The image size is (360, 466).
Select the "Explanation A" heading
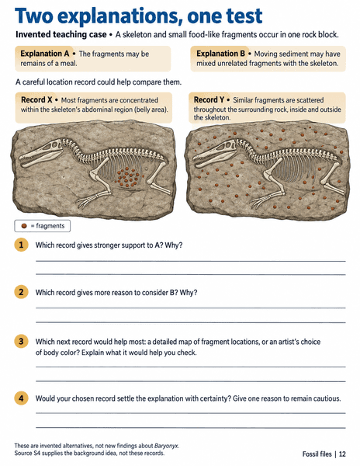44,54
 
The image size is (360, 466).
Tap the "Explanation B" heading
220,54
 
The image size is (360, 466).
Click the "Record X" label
36,100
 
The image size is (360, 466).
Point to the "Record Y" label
209,100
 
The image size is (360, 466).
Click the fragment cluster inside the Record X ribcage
128,177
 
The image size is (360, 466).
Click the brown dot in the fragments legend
24,226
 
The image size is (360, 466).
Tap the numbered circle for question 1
21,245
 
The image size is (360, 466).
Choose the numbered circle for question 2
21,292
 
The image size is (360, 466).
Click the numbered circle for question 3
21,341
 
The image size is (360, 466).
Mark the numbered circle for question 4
21,398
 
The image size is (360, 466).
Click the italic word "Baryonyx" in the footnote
166,446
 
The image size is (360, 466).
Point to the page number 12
342,454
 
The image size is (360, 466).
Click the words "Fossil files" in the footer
317,454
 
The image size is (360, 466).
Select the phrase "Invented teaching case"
61,34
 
